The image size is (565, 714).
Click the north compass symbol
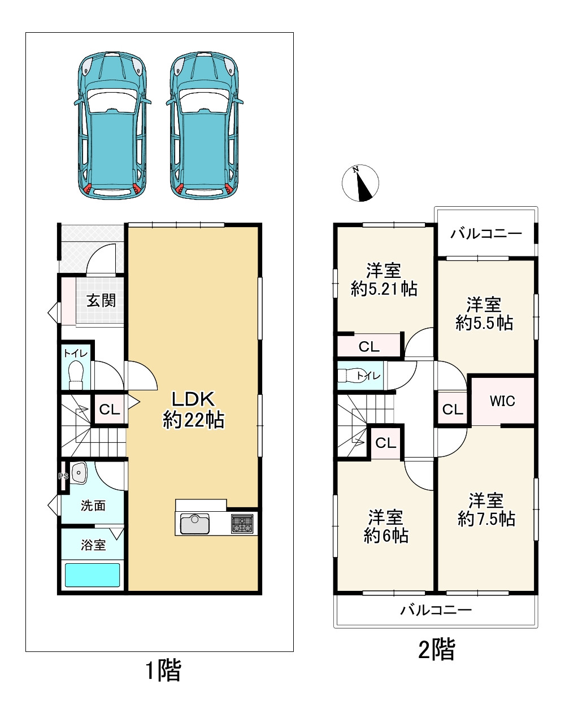coord(360,183)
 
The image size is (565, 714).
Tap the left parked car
coord(112,125)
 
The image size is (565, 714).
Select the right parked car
coord(205,125)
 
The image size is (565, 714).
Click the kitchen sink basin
coord(195,524)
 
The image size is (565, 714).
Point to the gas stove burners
coord(242,524)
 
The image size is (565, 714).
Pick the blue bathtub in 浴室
coord(92,575)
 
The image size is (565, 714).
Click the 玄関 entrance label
coord(101,301)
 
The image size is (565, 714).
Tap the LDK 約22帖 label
coord(193,410)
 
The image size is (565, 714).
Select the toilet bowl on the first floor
coord(76,375)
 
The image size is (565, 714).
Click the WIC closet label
coord(502,401)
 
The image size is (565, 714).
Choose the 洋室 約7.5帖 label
coord(486,510)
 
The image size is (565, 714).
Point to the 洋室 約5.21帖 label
coord(384,280)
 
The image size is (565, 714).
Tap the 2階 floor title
coord(437,648)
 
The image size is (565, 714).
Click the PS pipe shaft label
coord(63,476)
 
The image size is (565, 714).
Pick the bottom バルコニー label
coord(436,610)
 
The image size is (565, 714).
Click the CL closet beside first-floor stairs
coord(109,410)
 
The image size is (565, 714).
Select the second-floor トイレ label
coord(368,376)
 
